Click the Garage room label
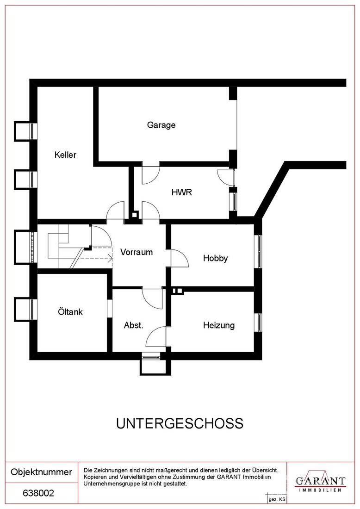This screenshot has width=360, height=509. tap(161, 125)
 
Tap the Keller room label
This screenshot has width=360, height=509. tap(65, 155)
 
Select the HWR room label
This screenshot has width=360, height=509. tap(182, 192)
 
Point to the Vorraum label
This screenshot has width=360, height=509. tap(137, 252)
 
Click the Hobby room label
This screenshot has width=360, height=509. tap(215, 258)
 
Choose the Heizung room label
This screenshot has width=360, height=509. tap(219, 325)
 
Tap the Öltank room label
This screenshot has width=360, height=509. tap(70, 311)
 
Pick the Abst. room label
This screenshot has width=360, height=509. tap(133, 325)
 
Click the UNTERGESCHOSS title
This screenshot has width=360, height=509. tap(180, 423)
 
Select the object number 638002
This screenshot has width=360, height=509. tap(38, 493)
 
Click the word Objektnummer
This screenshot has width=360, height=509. tap(41, 472)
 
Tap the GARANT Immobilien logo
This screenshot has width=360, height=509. tap(320, 483)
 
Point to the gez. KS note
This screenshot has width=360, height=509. tap(277, 500)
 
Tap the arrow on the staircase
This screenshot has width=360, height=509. tap(96, 258)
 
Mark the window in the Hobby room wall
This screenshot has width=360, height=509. tap(260, 251)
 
